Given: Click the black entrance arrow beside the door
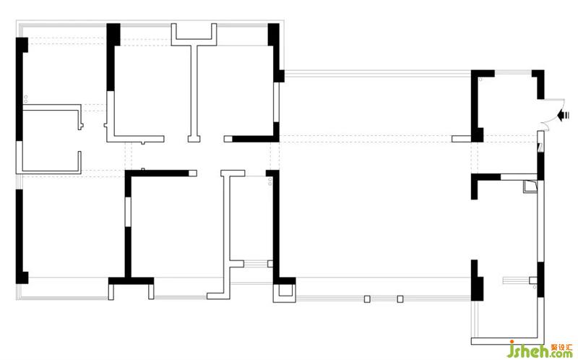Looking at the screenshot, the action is click(563, 116).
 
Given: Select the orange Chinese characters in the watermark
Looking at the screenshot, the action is click(562, 347).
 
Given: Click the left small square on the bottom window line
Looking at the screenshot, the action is click(367, 299).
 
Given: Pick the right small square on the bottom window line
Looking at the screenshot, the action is click(400, 299).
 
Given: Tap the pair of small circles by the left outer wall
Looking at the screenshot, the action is click(26, 99).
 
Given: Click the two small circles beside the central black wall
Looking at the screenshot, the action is click(269, 181).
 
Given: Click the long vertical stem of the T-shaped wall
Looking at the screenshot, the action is click(194, 92).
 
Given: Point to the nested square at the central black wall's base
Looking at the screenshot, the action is click(285, 292).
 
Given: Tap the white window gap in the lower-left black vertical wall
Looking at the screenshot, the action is click(128, 212).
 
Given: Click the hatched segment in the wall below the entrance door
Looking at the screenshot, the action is click(540, 148).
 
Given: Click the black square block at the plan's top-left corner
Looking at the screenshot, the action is click(22, 45).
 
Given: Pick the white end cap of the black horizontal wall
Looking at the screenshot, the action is click(193, 173).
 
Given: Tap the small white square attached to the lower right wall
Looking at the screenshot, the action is click(533, 280).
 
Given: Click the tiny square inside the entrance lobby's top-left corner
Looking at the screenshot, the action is click(480, 80).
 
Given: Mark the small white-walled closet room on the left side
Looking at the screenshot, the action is click(51, 139).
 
